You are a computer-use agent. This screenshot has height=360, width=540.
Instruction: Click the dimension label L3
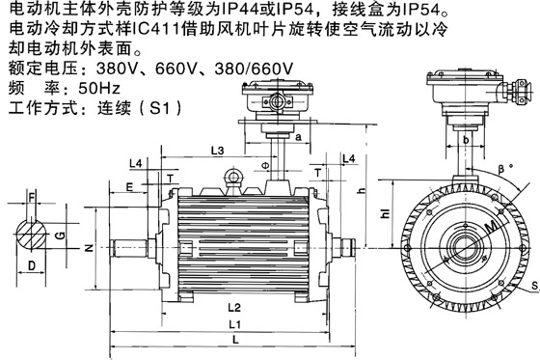tap(217, 151)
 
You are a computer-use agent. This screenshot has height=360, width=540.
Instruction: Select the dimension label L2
tap(234, 307)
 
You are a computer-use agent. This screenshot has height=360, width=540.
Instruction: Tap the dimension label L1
tap(235, 324)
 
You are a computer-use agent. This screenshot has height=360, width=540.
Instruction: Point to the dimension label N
tap(89, 248)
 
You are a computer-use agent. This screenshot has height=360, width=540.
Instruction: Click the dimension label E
tap(129, 187)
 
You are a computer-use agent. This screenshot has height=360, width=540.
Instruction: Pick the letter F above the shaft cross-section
tap(31, 198)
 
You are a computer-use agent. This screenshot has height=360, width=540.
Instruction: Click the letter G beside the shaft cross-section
tap(60, 235)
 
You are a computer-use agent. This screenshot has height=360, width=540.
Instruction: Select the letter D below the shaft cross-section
tap(31, 265)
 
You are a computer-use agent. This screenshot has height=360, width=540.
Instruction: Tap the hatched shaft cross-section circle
tap(31, 235)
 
